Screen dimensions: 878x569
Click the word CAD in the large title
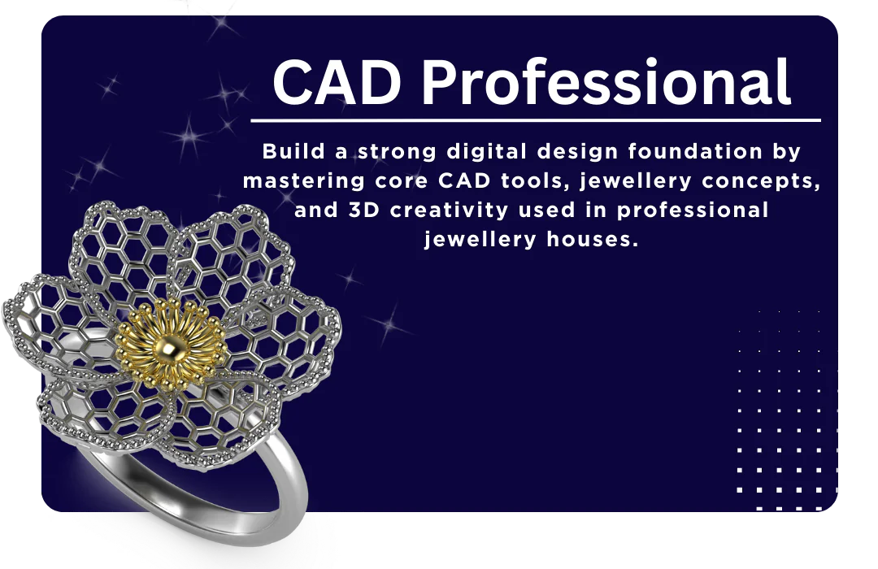click(337, 82)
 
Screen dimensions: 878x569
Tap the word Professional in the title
click(606, 82)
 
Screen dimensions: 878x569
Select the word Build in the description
click(294, 151)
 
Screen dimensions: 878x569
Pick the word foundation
click(695, 152)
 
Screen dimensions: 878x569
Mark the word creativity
click(449, 211)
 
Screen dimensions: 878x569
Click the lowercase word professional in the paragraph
click(693, 211)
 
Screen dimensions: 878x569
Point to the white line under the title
click(536, 120)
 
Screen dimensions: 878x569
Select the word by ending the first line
click(787, 153)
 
